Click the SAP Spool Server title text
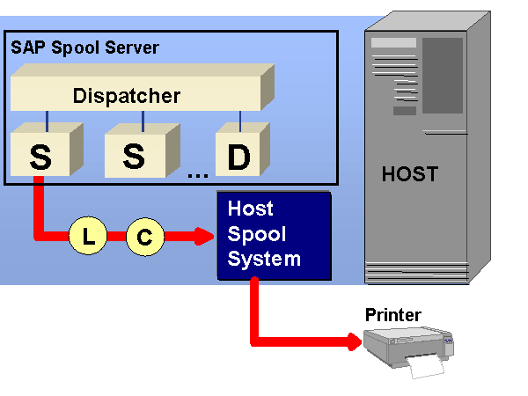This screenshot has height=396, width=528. (85, 48)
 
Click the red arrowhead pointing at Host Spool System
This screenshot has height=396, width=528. (207, 236)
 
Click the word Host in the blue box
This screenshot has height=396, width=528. (251, 209)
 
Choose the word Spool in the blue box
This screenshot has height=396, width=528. (253, 234)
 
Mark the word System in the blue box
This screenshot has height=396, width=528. (264, 259)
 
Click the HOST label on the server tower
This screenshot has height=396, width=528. (409, 174)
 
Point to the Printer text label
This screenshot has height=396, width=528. (393, 315)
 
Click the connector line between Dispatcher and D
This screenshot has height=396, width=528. (240, 118)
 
